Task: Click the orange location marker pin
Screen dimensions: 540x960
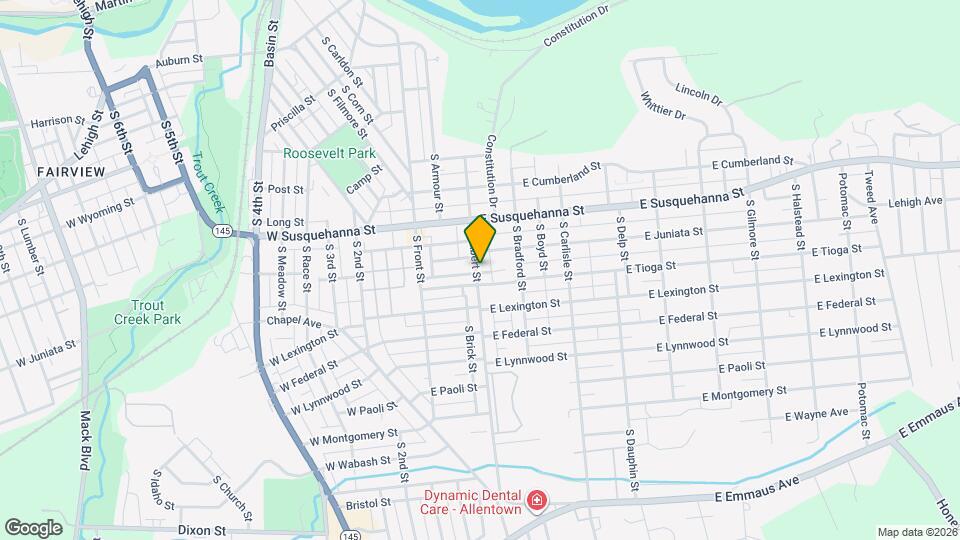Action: pos(480,238)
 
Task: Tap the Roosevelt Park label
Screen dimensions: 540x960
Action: pos(329,153)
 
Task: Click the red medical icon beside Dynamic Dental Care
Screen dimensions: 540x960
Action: pos(537,498)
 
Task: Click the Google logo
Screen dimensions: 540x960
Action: pos(33,526)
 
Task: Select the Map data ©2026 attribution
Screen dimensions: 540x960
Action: pos(916,532)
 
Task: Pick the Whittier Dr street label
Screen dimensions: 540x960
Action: pos(665,107)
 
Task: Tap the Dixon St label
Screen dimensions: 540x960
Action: pos(202,530)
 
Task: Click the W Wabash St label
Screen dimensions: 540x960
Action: pos(355,463)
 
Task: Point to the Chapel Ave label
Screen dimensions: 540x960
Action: pos(293,322)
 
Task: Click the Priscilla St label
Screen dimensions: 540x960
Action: pos(292,113)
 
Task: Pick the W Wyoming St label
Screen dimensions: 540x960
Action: pos(100,212)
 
